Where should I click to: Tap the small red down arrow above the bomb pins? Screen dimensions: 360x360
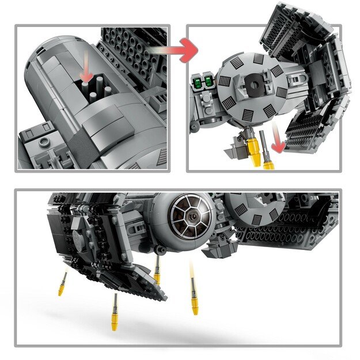click(86, 71)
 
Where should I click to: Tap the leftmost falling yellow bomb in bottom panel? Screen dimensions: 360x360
click(62, 284)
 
